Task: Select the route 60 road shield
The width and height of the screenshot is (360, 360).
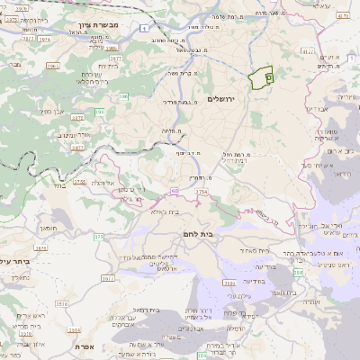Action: (173, 191)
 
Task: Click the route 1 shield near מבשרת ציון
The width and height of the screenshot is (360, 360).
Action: (145, 30)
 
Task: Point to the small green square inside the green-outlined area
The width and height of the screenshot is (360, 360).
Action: (268, 79)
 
